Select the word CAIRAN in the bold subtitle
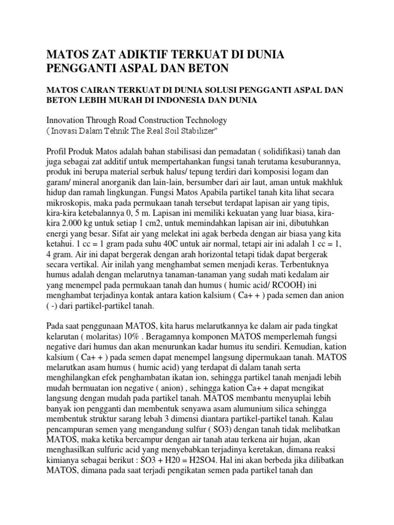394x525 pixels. (99, 90)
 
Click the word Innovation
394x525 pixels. (66, 120)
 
